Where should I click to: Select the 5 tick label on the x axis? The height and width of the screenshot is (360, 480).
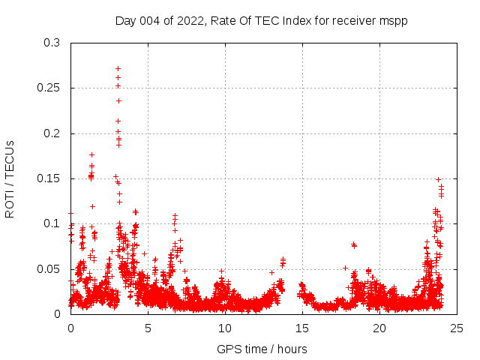click(148, 328)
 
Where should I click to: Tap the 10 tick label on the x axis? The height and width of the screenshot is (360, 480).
click(225, 328)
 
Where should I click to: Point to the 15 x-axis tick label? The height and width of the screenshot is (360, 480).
click(302, 328)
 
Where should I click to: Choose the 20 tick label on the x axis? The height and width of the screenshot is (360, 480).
click(379, 328)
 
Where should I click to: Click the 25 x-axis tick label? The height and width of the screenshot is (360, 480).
click(457, 328)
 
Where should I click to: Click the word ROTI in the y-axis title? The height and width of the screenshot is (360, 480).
click(10, 203)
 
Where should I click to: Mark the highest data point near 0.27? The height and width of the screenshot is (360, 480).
click(118, 68)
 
